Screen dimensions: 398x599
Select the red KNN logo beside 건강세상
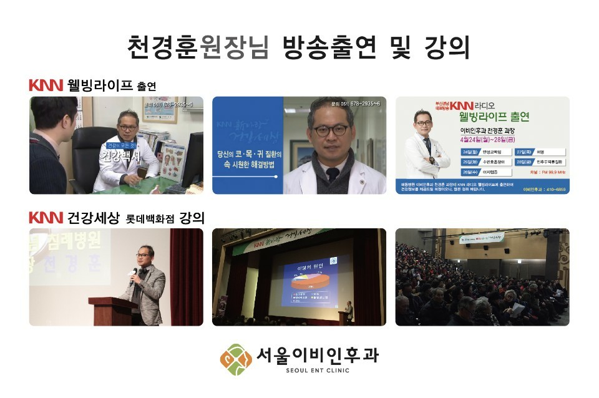click(x=46, y=218)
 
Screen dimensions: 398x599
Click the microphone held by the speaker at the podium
click(x=133, y=273)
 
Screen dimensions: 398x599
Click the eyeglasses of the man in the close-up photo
click(x=329, y=130)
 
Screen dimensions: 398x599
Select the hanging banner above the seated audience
click(x=482, y=238)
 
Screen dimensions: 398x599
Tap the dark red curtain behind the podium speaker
click(x=186, y=274)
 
